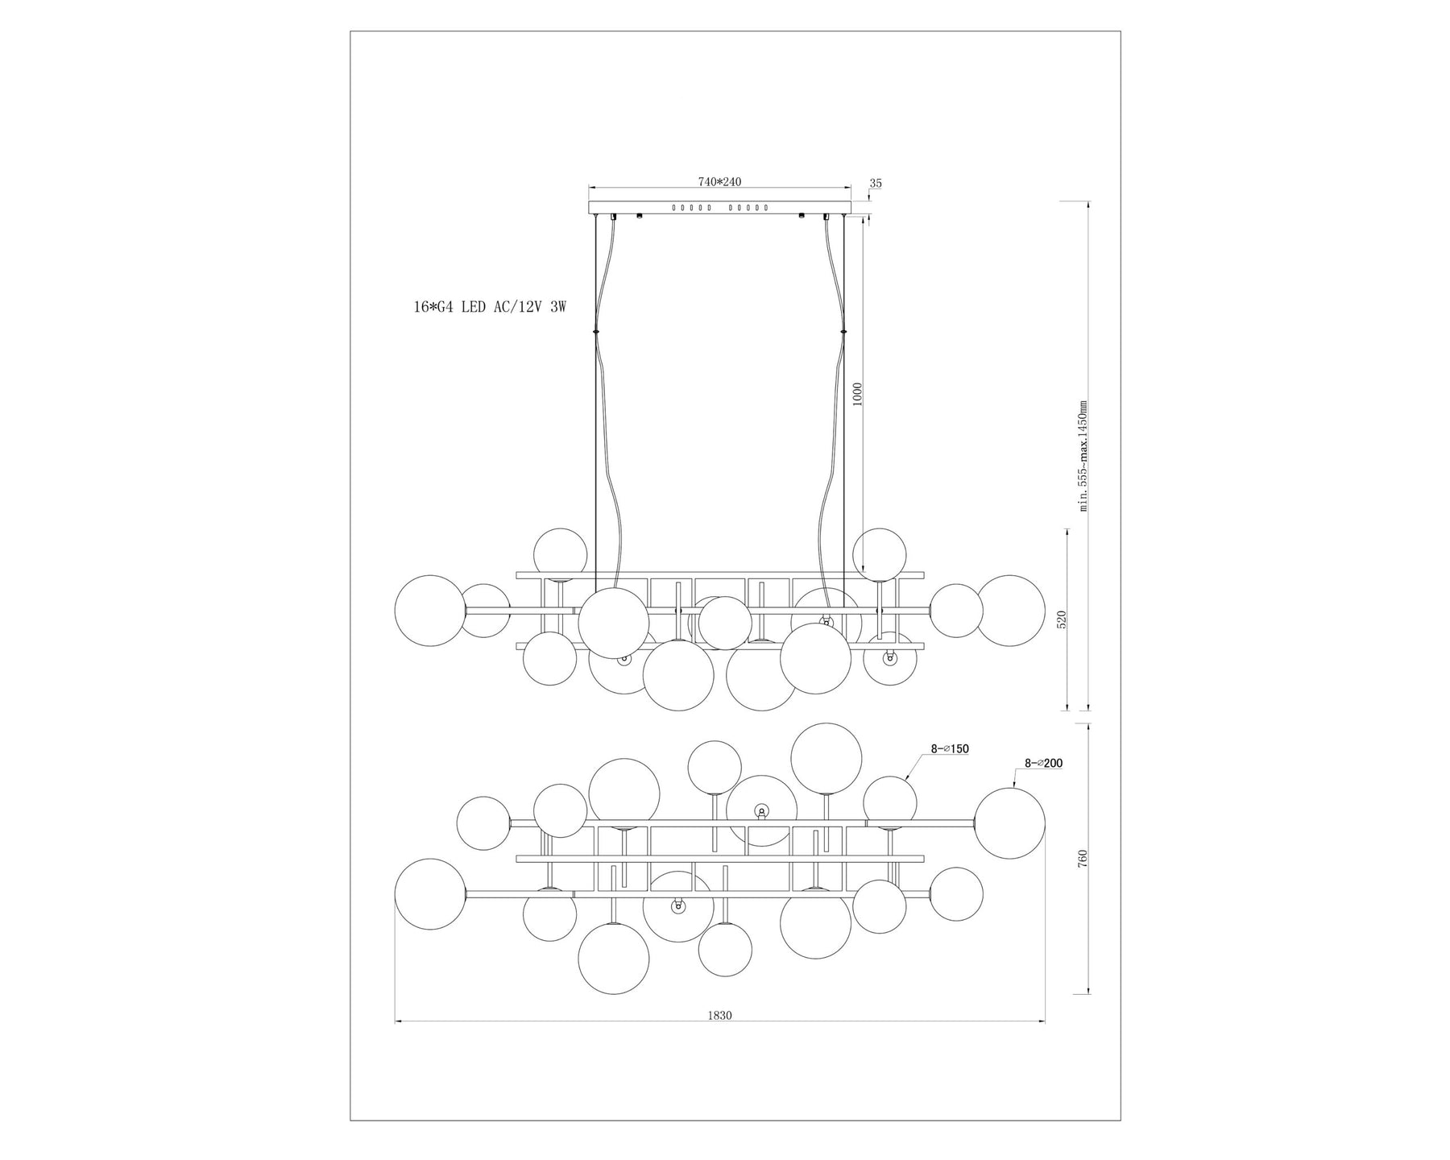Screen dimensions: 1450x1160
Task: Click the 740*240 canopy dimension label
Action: coord(719,182)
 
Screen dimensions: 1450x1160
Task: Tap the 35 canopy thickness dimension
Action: coord(876,184)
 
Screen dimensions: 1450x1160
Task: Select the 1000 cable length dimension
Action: coord(857,394)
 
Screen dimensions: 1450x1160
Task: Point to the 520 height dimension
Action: coord(1061,619)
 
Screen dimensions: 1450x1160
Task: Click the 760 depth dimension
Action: coord(1083,858)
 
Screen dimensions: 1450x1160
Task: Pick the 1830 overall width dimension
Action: coord(719,1016)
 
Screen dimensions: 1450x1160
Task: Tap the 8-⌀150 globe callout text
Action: coord(950,748)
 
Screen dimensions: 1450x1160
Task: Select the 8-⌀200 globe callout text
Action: coord(1043,762)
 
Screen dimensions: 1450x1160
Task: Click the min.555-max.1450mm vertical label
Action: coord(1083,456)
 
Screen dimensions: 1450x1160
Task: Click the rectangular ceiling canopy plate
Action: coord(719,208)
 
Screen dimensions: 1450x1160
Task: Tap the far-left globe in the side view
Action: coord(431,611)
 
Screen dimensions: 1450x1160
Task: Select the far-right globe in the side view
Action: coord(1010,611)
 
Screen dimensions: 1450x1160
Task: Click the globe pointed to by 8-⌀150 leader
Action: coord(890,802)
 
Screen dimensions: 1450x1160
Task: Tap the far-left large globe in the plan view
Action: coord(431,894)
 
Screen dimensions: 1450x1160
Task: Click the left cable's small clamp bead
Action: coord(595,331)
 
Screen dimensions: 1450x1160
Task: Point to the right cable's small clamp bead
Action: coord(844,331)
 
